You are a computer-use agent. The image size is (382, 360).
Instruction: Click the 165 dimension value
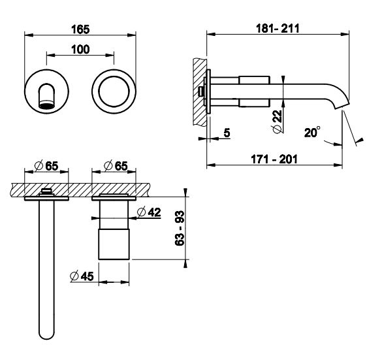click(x=80, y=29)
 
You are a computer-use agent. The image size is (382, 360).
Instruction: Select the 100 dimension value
click(x=80, y=50)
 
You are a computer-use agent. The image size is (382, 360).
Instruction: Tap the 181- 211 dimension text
click(x=278, y=29)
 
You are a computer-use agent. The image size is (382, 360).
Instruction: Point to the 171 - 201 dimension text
click(x=274, y=159)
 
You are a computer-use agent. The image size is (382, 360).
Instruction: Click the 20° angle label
click(x=312, y=133)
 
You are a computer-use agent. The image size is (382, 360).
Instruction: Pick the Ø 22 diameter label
click(x=277, y=122)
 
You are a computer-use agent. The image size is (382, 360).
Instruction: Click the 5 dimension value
click(x=227, y=133)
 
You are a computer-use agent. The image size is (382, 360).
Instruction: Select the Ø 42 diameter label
click(x=149, y=212)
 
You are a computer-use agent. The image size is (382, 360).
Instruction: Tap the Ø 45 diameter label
click(x=82, y=276)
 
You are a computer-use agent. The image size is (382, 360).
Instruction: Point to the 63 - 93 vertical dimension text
click(x=180, y=228)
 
